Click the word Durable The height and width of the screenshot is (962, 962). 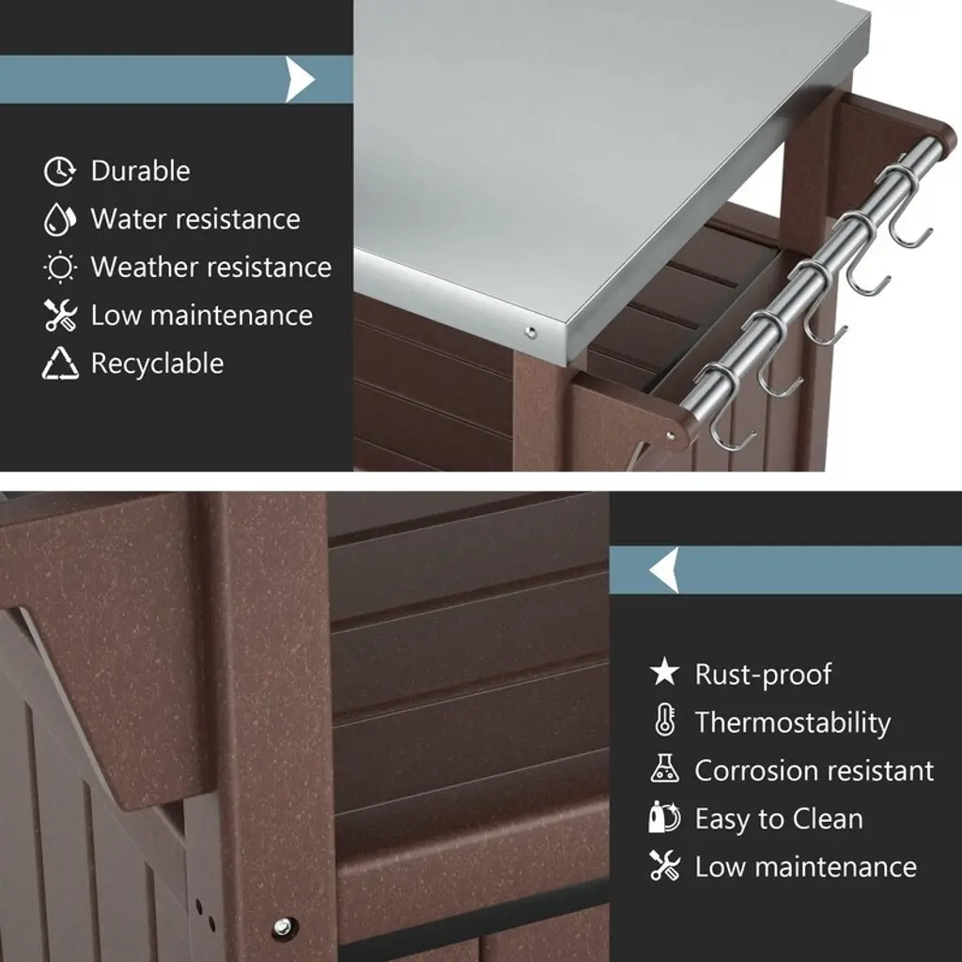pos(141,171)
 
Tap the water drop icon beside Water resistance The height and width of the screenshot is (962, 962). pos(59,219)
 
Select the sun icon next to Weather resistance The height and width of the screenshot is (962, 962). pos(60,268)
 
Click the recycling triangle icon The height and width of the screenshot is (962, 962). pos(60,364)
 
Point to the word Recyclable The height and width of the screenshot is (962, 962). pos(157,364)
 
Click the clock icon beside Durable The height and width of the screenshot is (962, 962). pos(59,171)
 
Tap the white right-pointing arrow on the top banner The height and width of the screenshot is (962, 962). pos(300,79)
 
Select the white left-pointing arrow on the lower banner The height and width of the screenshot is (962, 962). pos(664,570)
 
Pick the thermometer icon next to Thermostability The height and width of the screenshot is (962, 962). pos(665,720)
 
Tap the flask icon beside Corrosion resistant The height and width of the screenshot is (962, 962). pos(664,768)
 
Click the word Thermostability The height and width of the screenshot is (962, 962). pos(793,722)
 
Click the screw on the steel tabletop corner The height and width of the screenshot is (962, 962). pos(531,334)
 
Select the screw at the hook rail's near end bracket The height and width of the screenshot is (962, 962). pos(671,436)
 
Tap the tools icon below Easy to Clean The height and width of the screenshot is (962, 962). pos(664,865)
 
